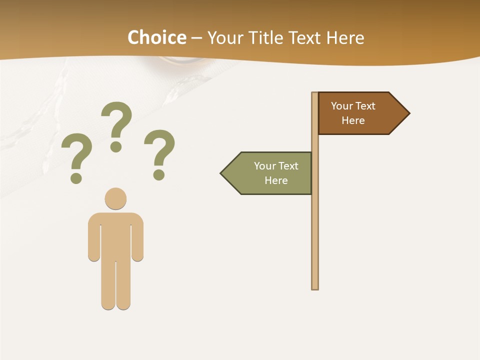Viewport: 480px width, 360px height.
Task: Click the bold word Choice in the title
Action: tap(156, 38)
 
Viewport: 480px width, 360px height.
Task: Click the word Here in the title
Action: tap(345, 38)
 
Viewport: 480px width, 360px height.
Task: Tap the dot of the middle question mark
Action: tap(116, 146)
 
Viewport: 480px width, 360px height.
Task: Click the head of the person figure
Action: tap(115, 198)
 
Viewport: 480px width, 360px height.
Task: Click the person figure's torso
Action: tap(115, 235)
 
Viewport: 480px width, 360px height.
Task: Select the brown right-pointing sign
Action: tap(357, 113)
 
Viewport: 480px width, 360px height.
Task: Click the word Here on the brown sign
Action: tap(353, 120)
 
